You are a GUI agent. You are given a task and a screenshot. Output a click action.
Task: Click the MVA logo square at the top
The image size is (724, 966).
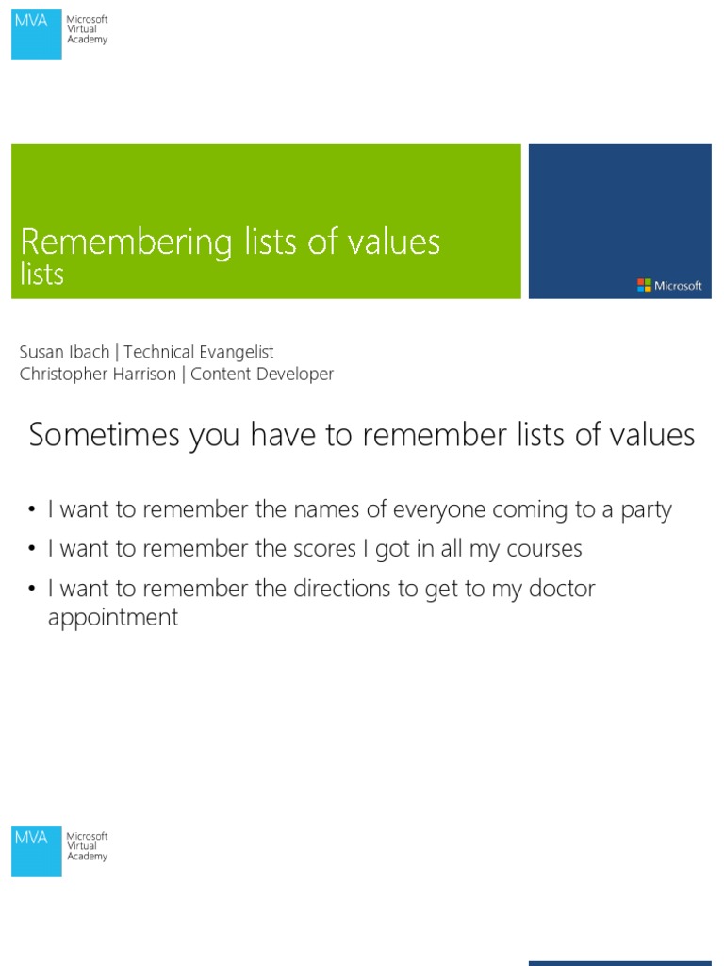[x=37, y=36]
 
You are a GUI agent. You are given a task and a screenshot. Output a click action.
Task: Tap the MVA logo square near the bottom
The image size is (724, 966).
[x=37, y=852]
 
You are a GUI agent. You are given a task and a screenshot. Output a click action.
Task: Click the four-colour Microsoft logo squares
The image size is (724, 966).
[x=644, y=285]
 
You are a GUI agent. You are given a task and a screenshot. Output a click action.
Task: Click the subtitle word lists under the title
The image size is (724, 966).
[x=42, y=275]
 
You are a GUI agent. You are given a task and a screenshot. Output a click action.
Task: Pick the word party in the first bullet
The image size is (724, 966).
[x=646, y=510]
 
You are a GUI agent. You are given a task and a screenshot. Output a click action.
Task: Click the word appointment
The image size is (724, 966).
[x=113, y=619]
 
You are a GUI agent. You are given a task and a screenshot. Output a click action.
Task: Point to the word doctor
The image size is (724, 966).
[x=560, y=589]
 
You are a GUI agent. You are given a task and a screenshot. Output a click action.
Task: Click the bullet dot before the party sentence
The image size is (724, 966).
[x=32, y=510]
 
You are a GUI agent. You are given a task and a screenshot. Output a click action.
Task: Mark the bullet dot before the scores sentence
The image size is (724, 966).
[x=32, y=549]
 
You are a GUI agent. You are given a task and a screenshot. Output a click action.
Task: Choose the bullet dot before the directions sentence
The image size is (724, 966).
[x=32, y=589]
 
